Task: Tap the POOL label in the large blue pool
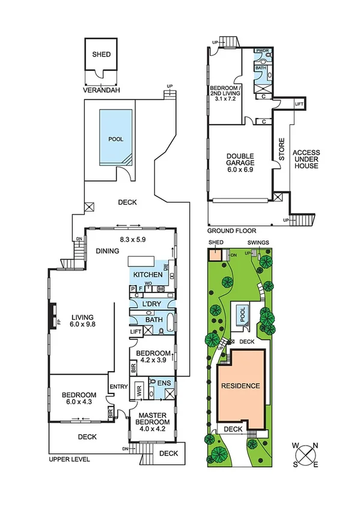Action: [x=115, y=139]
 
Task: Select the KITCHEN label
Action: [x=148, y=275]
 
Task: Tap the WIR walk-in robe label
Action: [x=139, y=389]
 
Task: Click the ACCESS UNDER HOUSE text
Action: [x=306, y=159]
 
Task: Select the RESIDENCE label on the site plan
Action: [x=240, y=386]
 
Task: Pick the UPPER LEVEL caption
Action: [x=69, y=459]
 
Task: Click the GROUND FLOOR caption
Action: [x=231, y=230]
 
